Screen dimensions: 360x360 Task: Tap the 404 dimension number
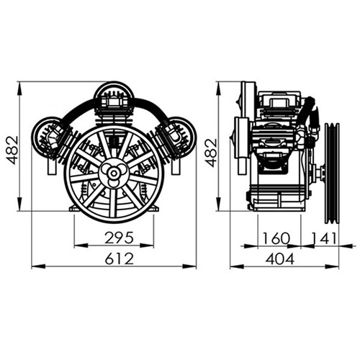point(284,257)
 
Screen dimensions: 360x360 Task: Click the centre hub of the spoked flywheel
point(114,173)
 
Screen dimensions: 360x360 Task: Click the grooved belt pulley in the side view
point(331,171)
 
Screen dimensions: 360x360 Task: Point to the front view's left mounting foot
point(74,209)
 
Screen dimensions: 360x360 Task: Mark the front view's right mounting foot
point(153,209)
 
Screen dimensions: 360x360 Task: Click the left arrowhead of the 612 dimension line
point(35,266)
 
